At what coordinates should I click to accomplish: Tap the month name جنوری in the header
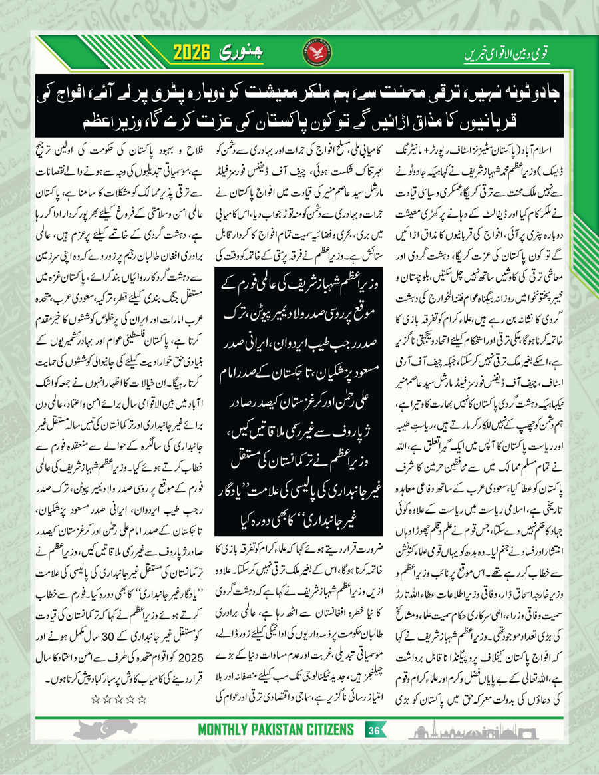[x=250, y=52]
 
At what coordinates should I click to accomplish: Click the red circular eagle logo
[x=321, y=53]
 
